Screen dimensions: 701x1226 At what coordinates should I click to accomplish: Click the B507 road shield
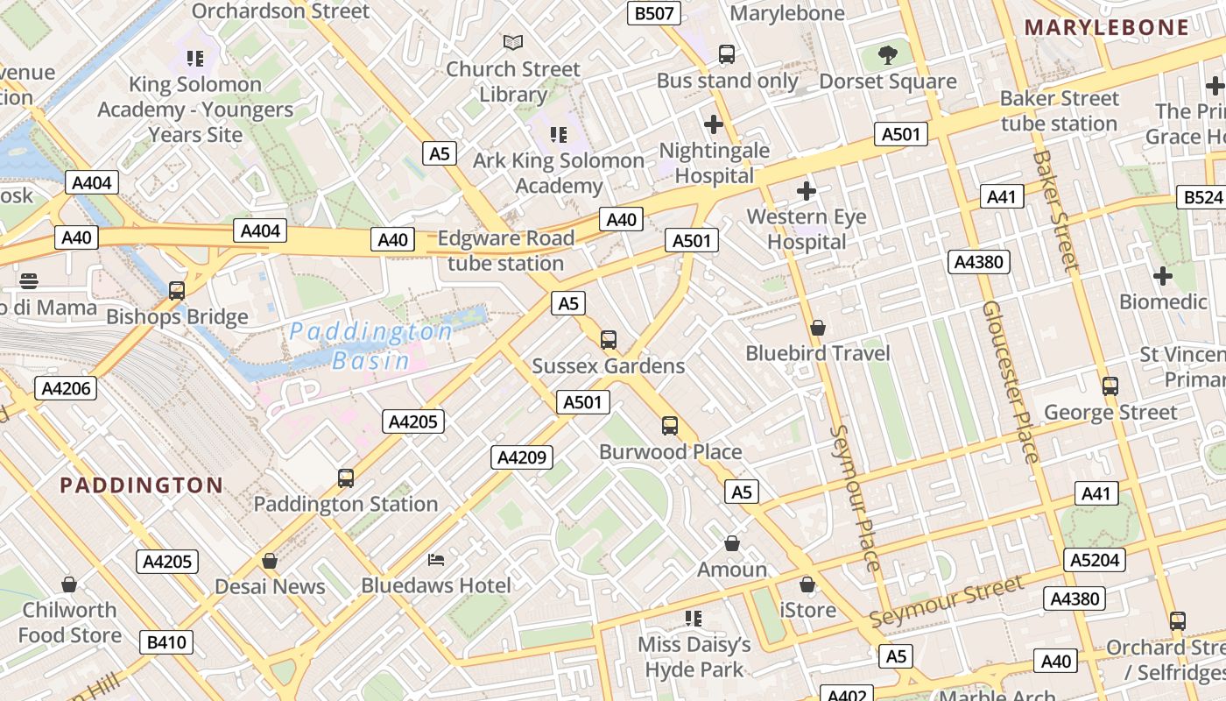click(x=654, y=13)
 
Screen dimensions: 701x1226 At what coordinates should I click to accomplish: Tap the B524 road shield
click(x=1201, y=197)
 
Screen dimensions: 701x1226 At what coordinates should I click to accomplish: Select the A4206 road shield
click(x=66, y=388)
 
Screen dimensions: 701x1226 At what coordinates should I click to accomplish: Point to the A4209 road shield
click(x=522, y=457)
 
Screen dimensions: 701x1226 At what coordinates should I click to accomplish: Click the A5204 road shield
click(x=1096, y=560)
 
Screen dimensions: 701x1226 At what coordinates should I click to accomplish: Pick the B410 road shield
click(x=166, y=642)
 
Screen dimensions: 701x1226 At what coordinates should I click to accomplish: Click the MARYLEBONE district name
click(x=1107, y=27)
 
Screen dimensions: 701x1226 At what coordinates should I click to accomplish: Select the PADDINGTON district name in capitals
click(x=142, y=485)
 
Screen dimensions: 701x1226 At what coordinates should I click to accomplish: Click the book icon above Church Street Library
click(x=513, y=42)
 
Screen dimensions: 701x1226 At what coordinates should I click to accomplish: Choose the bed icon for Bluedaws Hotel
click(x=436, y=559)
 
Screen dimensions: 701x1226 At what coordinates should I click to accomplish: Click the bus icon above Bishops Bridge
click(x=177, y=291)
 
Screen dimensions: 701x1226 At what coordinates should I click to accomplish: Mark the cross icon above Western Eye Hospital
click(x=807, y=190)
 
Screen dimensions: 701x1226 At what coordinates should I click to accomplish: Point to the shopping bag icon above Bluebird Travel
click(x=817, y=328)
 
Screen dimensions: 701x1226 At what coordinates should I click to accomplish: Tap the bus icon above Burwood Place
click(x=670, y=426)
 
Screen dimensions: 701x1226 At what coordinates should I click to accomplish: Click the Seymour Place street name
click(x=853, y=498)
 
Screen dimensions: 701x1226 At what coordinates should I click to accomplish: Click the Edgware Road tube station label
click(x=505, y=251)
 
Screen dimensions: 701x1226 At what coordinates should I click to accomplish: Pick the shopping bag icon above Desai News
click(x=270, y=560)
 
